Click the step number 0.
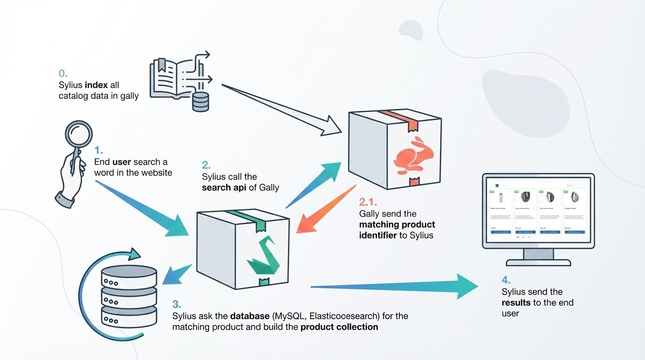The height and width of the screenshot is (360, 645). point(63,74)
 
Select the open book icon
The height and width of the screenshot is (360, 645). point(172,76)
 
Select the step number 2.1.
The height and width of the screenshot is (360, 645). point(368,202)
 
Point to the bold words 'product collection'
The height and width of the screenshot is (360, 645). point(339,327)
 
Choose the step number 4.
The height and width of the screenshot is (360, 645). point(506,280)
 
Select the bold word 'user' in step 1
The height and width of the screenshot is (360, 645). point(122,162)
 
